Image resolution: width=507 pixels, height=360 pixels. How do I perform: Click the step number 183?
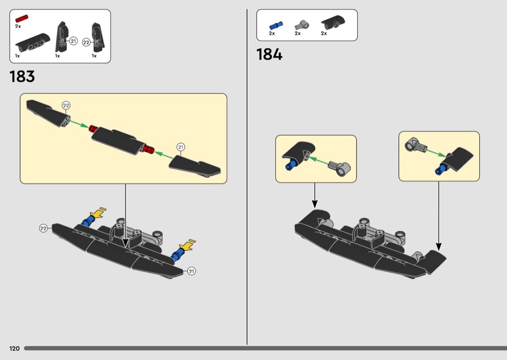[x=22, y=77]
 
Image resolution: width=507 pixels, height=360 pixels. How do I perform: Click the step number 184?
[x=269, y=55]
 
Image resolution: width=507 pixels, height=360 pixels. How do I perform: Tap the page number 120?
[x=14, y=348]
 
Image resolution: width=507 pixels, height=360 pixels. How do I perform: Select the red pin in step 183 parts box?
[x=22, y=18]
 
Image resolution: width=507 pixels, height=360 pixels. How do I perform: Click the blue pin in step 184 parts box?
[x=276, y=26]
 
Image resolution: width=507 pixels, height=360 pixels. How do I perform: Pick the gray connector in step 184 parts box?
[x=302, y=25]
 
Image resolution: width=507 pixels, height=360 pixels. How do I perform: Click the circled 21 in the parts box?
[x=73, y=41]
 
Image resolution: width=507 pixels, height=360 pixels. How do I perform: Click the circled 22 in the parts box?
[x=86, y=42]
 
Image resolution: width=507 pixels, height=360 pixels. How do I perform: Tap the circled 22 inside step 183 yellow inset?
[x=66, y=105]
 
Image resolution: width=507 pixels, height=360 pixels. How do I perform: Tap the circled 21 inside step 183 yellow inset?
[x=181, y=147]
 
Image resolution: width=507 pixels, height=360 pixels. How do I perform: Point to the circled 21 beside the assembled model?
[x=191, y=271]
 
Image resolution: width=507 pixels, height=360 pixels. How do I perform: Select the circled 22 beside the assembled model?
[x=43, y=228]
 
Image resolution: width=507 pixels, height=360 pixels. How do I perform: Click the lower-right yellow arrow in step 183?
[x=187, y=245]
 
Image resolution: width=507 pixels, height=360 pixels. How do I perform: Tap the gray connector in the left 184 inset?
[x=339, y=168]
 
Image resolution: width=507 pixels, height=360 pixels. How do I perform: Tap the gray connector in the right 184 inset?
[x=416, y=146]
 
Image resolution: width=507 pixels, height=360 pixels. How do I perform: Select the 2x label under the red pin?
[x=18, y=26]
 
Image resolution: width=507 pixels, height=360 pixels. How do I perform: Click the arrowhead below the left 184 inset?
[x=315, y=204]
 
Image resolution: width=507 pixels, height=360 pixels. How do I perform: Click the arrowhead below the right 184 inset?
[x=438, y=247]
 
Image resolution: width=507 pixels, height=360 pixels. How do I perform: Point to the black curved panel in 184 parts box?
[x=333, y=22]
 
